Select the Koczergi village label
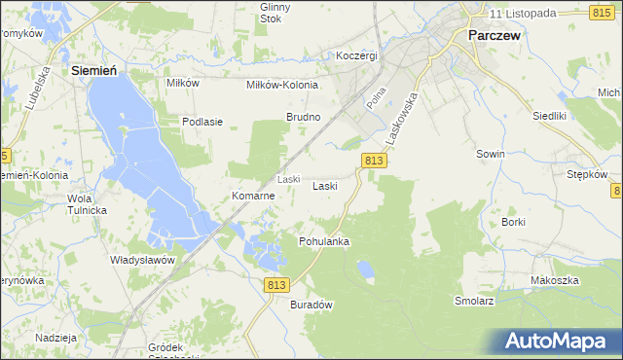355,55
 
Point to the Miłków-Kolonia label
282,85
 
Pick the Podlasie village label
203,122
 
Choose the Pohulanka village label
324,240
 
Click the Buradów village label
311,305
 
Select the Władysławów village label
142,260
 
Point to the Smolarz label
474,302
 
